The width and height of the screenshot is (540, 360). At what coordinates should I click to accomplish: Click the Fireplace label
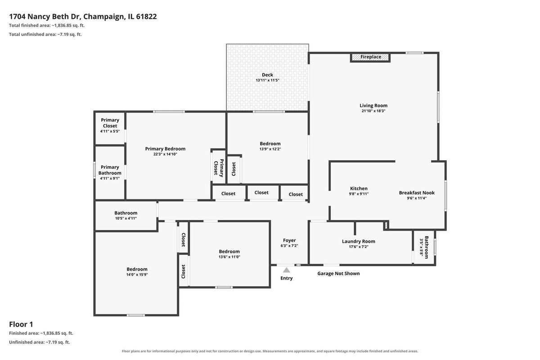pyautogui.click(x=371, y=57)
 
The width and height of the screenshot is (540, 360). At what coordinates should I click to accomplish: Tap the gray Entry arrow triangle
pyautogui.click(x=286, y=270)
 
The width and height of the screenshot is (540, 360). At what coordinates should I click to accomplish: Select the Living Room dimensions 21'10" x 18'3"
pyautogui.click(x=373, y=111)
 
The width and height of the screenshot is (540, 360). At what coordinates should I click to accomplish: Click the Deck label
pyautogui.click(x=268, y=75)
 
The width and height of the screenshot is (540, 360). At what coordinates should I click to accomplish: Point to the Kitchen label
pyautogui.click(x=359, y=189)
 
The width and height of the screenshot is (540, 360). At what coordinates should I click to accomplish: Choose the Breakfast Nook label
pyautogui.click(x=417, y=193)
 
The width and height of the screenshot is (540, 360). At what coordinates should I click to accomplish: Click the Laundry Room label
pyautogui.click(x=359, y=241)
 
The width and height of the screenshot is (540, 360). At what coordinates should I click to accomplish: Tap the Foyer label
pyautogui.click(x=289, y=240)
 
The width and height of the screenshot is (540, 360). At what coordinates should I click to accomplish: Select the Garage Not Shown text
pyautogui.click(x=338, y=274)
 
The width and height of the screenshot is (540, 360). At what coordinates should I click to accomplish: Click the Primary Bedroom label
pyautogui.click(x=165, y=149)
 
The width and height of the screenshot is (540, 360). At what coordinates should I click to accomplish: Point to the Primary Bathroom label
pyautogui.click(x=110, y=170)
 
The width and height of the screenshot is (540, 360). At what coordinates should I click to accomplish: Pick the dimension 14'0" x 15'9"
pyautogui.click(x=137, y=274)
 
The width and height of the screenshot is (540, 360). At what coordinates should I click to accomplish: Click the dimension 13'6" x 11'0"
pyautogui.click(x=229, y=257)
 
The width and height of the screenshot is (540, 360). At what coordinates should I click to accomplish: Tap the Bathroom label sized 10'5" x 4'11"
pyautogui.click(x=126, y=213)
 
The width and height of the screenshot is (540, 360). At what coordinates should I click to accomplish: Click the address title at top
pyautogui.click(x=83, y=16)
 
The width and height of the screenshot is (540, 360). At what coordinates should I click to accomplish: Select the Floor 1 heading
pyautogui.click(x=21, y=324)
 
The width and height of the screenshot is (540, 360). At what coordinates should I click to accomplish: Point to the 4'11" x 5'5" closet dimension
pyautogui.click(x=110, y=131)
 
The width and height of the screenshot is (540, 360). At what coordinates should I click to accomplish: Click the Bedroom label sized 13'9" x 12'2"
pyautogui.click(x=270, y=144)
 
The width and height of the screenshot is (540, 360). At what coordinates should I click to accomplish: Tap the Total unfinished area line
pyautogui.click(x=45, y=35)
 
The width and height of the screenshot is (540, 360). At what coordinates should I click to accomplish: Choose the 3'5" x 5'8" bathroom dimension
pyautogui.click(x=421, y=247)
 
